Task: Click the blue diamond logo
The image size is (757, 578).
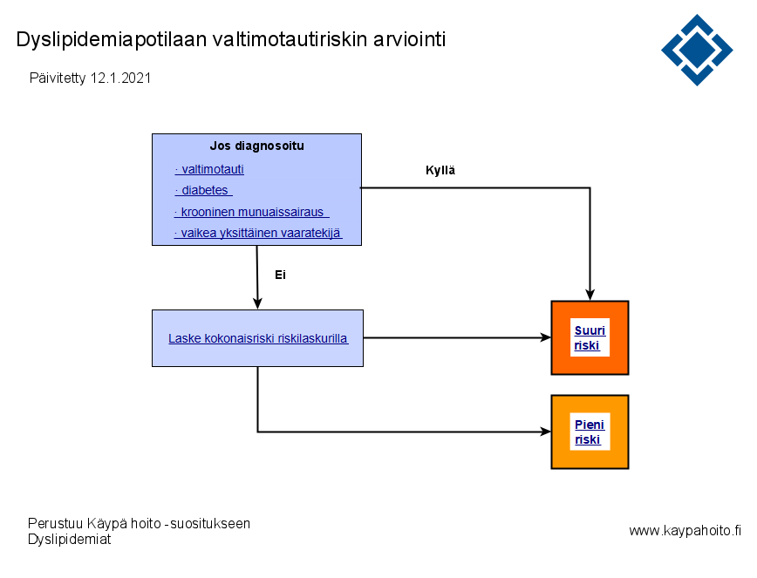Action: [697, 50]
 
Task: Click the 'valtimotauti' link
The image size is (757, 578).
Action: [209, 169]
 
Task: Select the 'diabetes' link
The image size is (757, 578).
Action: [204, 190]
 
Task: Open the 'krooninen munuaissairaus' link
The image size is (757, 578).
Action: [251, 212]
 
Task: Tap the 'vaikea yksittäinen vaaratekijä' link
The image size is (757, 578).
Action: [258, 233]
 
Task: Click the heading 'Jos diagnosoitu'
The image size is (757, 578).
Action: [256, 146]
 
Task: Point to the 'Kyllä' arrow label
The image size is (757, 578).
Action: [440, 170]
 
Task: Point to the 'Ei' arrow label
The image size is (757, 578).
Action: [281, 275]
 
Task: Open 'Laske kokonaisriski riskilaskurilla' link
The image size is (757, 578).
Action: [258, 339]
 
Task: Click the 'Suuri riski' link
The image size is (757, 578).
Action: [590, 337]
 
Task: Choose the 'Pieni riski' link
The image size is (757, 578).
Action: [590, 432]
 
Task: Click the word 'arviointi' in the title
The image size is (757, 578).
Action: [409, 39]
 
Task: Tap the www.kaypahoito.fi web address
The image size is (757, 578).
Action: [685, 531]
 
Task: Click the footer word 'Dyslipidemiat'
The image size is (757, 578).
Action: [70, 539]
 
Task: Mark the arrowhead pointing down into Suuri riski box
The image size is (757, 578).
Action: [590, 295]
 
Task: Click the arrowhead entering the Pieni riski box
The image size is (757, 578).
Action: [545, 432]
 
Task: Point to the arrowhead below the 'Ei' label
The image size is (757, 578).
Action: [257, 303]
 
